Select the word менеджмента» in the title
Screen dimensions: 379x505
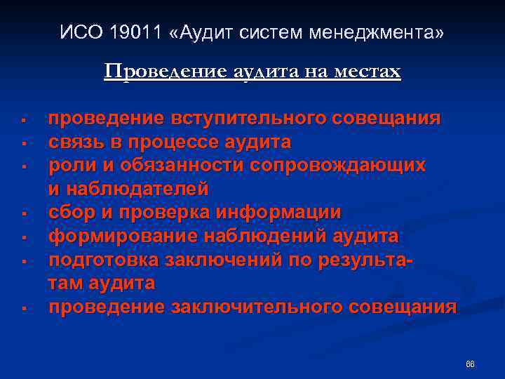click(379, 33)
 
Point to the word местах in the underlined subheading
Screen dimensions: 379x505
click(371, 72)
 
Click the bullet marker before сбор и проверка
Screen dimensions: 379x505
click(24, 213)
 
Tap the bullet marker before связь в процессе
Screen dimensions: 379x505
click(24, 143)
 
